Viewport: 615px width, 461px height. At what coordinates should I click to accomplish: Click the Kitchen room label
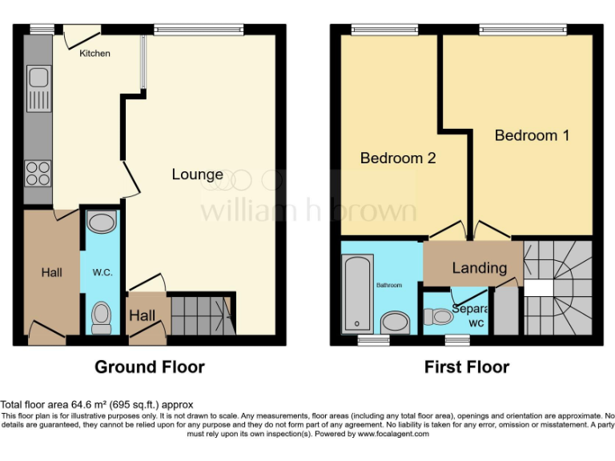[x=94, y=54]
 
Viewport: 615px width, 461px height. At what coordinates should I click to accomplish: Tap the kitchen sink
[x=38, y=88]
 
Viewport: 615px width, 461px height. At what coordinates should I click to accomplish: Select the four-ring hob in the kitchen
[x=38, y=174]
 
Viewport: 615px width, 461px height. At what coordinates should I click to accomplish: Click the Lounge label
[x=198, y=174]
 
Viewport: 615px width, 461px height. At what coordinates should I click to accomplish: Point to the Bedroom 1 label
[x=532, y=135]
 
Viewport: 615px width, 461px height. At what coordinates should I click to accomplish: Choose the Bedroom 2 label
[x=398, y=158]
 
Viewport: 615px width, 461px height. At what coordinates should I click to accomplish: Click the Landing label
[x=479, y=268]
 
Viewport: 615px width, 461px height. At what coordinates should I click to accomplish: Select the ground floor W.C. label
[x=102, y=273]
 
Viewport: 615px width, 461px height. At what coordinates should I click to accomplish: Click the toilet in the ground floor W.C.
[x=102, y=316]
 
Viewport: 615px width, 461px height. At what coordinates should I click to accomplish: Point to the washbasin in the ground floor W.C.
[x=102, y=221]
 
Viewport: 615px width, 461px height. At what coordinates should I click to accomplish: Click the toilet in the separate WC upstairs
[x=439, y=317]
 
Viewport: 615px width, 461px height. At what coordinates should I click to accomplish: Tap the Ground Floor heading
[x=150, y=367]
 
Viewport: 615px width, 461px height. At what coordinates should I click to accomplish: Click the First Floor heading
[x=467, y=367]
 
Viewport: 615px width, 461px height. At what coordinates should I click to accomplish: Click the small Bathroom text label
[x=389, y=285]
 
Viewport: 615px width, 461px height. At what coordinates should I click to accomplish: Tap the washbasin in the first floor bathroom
[x=394, y=322]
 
